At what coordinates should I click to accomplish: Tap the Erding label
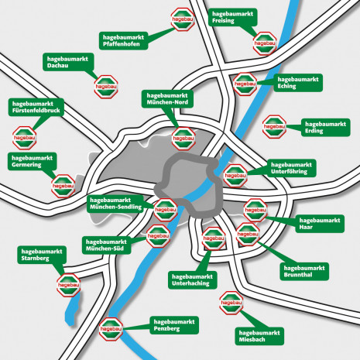pos(324,127)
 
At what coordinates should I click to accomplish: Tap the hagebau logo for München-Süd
pos(158,232)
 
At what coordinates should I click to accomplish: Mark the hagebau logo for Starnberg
pos(67,286)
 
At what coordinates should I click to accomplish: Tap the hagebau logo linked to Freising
pos(264,43)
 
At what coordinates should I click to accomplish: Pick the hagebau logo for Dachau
pos(105,84)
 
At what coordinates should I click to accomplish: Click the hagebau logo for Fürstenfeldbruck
pos(24,139)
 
